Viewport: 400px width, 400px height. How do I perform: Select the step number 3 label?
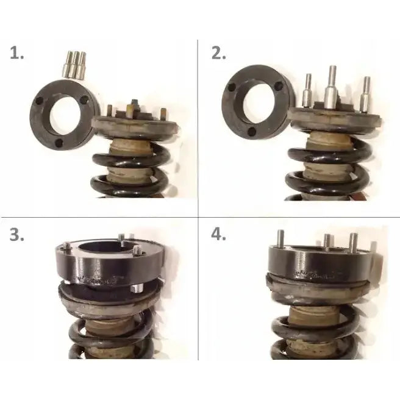click(18, 235)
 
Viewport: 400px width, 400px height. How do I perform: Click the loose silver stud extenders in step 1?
click(74, 64)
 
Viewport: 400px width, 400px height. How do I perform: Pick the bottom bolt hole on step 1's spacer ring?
click(59, 144)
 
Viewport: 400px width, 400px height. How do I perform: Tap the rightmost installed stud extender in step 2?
click(366, 95)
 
